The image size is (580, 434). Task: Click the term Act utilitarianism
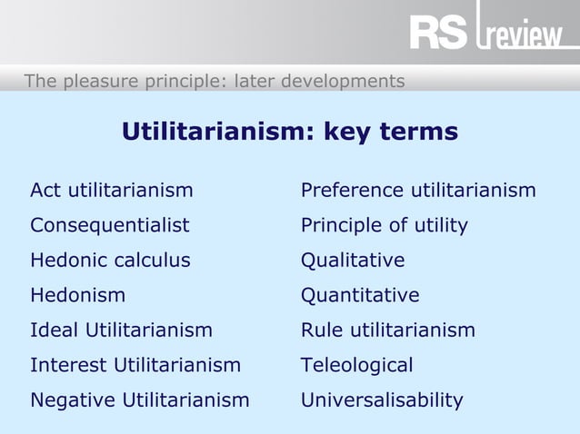(111, 190)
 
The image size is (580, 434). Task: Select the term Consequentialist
(110, 225)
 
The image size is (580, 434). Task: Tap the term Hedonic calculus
(110, 261)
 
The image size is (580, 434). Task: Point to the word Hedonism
(78, 295)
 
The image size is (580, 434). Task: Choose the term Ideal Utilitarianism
(121, 330)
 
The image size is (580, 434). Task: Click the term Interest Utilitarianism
(135, 365)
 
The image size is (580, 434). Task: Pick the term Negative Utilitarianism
(139, 399)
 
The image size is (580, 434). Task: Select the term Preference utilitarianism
(418, 190)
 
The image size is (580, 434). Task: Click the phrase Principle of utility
(385, 225)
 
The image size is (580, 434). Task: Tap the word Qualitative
(353, 261)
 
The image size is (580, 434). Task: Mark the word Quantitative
(360, 295)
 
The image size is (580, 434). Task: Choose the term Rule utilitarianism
(388, 330)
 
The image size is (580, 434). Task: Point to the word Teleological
(356, 365)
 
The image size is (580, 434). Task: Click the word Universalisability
(382, 399)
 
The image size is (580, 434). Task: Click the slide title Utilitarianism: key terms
(290, 133)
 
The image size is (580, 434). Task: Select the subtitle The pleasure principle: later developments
(215, 81)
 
